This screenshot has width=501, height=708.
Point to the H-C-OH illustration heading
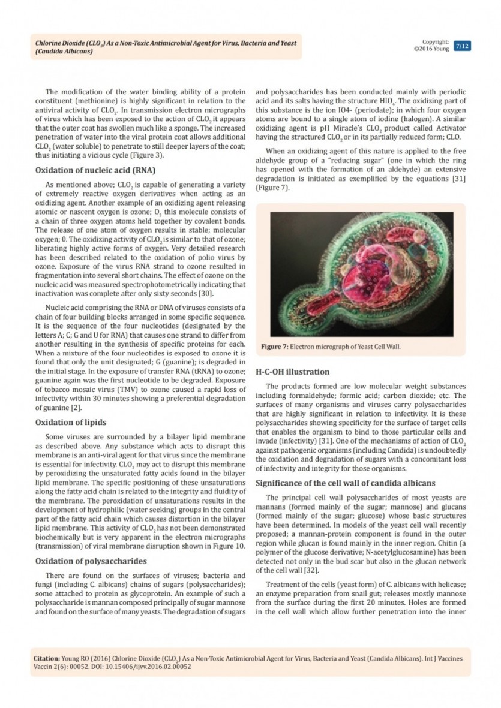pos(292,372)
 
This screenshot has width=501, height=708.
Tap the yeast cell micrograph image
pos(359,275)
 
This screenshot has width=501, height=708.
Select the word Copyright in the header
pos(436,42)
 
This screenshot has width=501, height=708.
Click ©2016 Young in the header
pos(431,49)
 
